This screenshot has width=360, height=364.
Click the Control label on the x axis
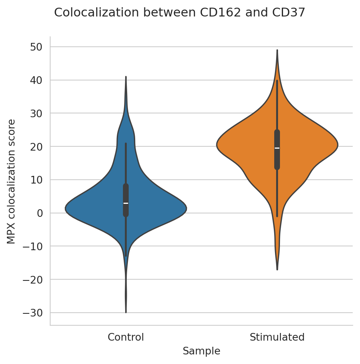click(x=126, y=338)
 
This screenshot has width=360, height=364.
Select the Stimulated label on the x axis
click(x=277, y=338)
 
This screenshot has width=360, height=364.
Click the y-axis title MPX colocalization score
click(x=11, y=181)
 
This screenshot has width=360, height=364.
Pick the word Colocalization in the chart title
click(x=97, y=13)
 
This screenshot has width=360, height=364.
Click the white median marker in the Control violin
click(x=126, y=203)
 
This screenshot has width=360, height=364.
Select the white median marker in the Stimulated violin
click(x=277, y=148)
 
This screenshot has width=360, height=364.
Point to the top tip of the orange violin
click(x=277, y=50)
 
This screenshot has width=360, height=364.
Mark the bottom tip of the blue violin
click(x=126, y=312)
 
